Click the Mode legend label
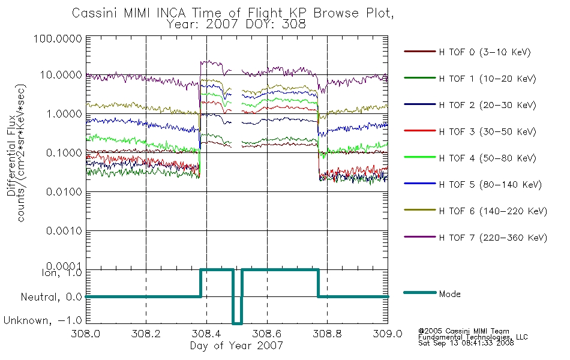pyautogui.click(x=449, y=294)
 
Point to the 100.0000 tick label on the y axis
pyautogui.click(x=58, y=38)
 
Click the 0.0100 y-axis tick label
pyautogui.click(x=64, y=192)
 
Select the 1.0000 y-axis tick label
pyautogui.click(x=64, y=114)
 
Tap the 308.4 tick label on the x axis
pyautogui.click(x=206, y=334)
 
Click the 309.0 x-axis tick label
pyautogui.click(x=388, y=334)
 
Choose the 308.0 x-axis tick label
pyautogui.click(x=86, y=334)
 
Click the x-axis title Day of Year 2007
pyautogui.click(x=236, y=346)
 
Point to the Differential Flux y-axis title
pyautogui.click(x=11, y=155)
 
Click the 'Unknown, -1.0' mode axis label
pyautogui.click(x=43, y=321)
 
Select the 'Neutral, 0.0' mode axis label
pyautogui.click(x=51, y=297)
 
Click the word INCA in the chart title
pyautogui.click(x=171, y=13)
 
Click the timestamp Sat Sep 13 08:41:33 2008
pyautogui.click(x=466, y=343)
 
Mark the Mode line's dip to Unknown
pyautogui.click(x=237, y=323)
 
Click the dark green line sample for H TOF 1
pyautogui.click(x=420, y=78)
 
